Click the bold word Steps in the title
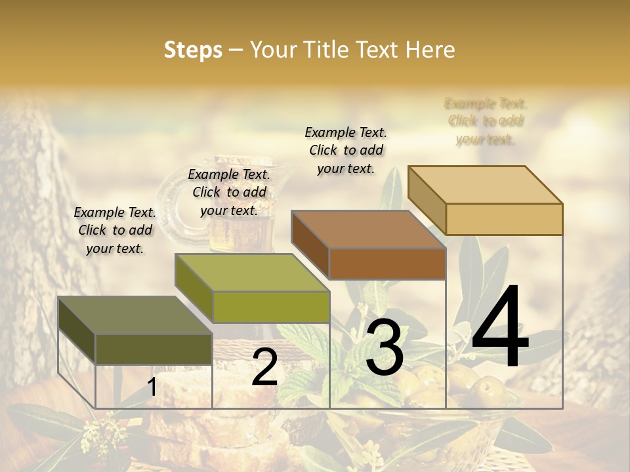coord(193,50)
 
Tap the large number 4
coord(500,327)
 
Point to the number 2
coord(264,367)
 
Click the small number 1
coord(152,387)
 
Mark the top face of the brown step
coord(368,229)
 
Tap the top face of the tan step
coord(485,184)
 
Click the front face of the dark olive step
coord(154,349)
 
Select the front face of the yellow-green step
coord(270,307)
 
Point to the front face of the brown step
coord(387,264)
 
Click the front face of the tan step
coord(504,219)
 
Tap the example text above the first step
coord(115,230)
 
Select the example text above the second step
coord(229,192)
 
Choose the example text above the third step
coord(346,150)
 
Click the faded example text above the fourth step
coord(486,121)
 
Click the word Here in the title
coord(430,50)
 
